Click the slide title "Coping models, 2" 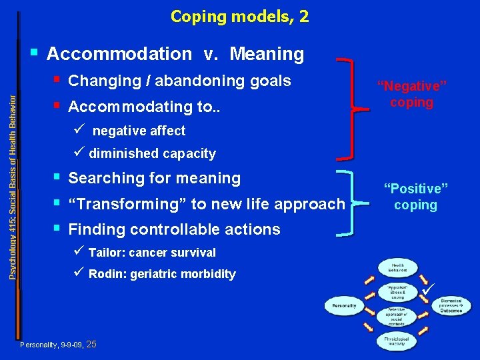click(x=239, y=16)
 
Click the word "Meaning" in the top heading click(x=266, y=53)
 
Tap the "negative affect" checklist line click(x=139, y=131)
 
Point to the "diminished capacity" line click(x=152, y=154)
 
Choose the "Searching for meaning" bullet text click(x=154, y=179)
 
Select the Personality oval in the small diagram click(x=344, y=307)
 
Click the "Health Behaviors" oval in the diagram click(x=398, y=267)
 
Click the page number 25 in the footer click(x=92, y=345)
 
